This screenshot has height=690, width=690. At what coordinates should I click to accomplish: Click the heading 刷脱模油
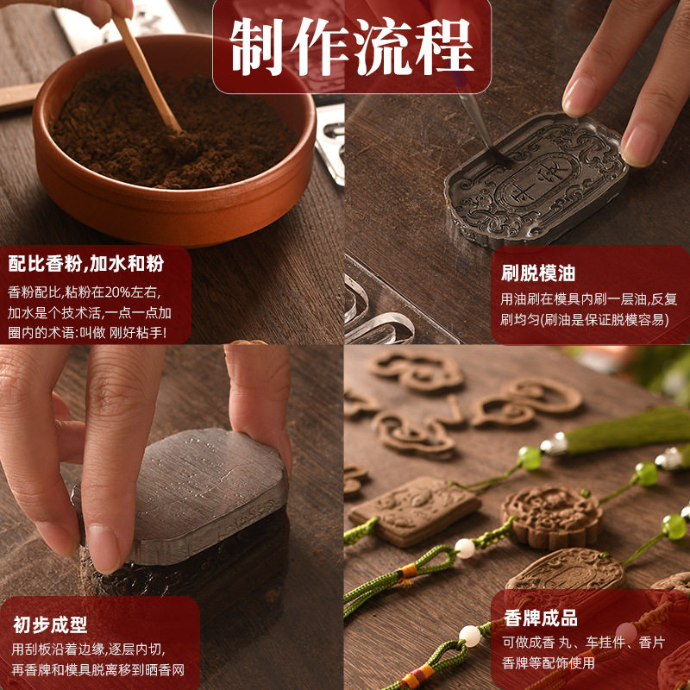point(538,273)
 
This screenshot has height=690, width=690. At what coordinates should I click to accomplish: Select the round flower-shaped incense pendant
point(552,516)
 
